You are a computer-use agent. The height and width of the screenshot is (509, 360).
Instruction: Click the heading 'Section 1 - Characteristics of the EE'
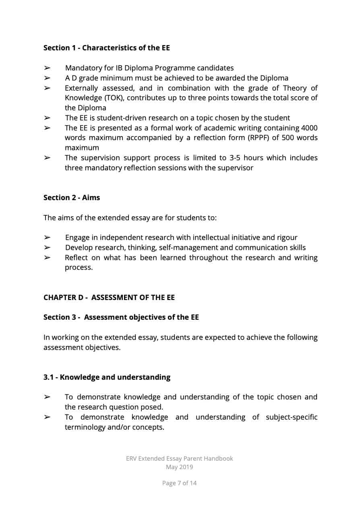coord(106,48)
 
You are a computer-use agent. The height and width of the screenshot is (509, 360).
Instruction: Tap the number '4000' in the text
coord(309,128)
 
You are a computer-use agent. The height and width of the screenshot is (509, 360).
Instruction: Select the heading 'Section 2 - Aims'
coord(71,198)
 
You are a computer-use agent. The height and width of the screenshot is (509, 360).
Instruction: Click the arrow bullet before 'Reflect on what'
coord(47,258)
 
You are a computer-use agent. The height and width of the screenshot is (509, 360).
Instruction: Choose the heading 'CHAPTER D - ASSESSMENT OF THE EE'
coord(109,298)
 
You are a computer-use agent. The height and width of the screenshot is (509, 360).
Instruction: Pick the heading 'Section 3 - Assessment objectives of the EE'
coord(121,317)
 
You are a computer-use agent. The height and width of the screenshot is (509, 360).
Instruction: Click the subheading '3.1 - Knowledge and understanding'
coord(107,377)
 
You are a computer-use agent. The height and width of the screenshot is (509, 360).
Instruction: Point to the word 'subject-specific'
coord(291,417)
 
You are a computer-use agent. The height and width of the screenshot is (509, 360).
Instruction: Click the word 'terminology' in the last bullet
coord(85,427)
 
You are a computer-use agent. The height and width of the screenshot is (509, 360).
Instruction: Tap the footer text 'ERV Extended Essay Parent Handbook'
coord(179,459)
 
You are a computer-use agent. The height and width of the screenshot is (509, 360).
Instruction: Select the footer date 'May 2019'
coord(179,467)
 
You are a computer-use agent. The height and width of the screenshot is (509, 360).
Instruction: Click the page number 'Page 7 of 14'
coord(179,483)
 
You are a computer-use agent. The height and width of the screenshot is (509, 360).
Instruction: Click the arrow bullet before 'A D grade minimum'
coord(47,78)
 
